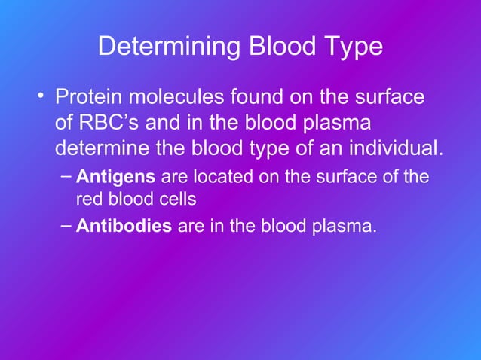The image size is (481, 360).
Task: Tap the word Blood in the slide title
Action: (281, 47)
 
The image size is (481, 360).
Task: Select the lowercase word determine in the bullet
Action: (101, 147)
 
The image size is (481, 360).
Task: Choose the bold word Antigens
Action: (116, 178)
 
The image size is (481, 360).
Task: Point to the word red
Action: (88, 200)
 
